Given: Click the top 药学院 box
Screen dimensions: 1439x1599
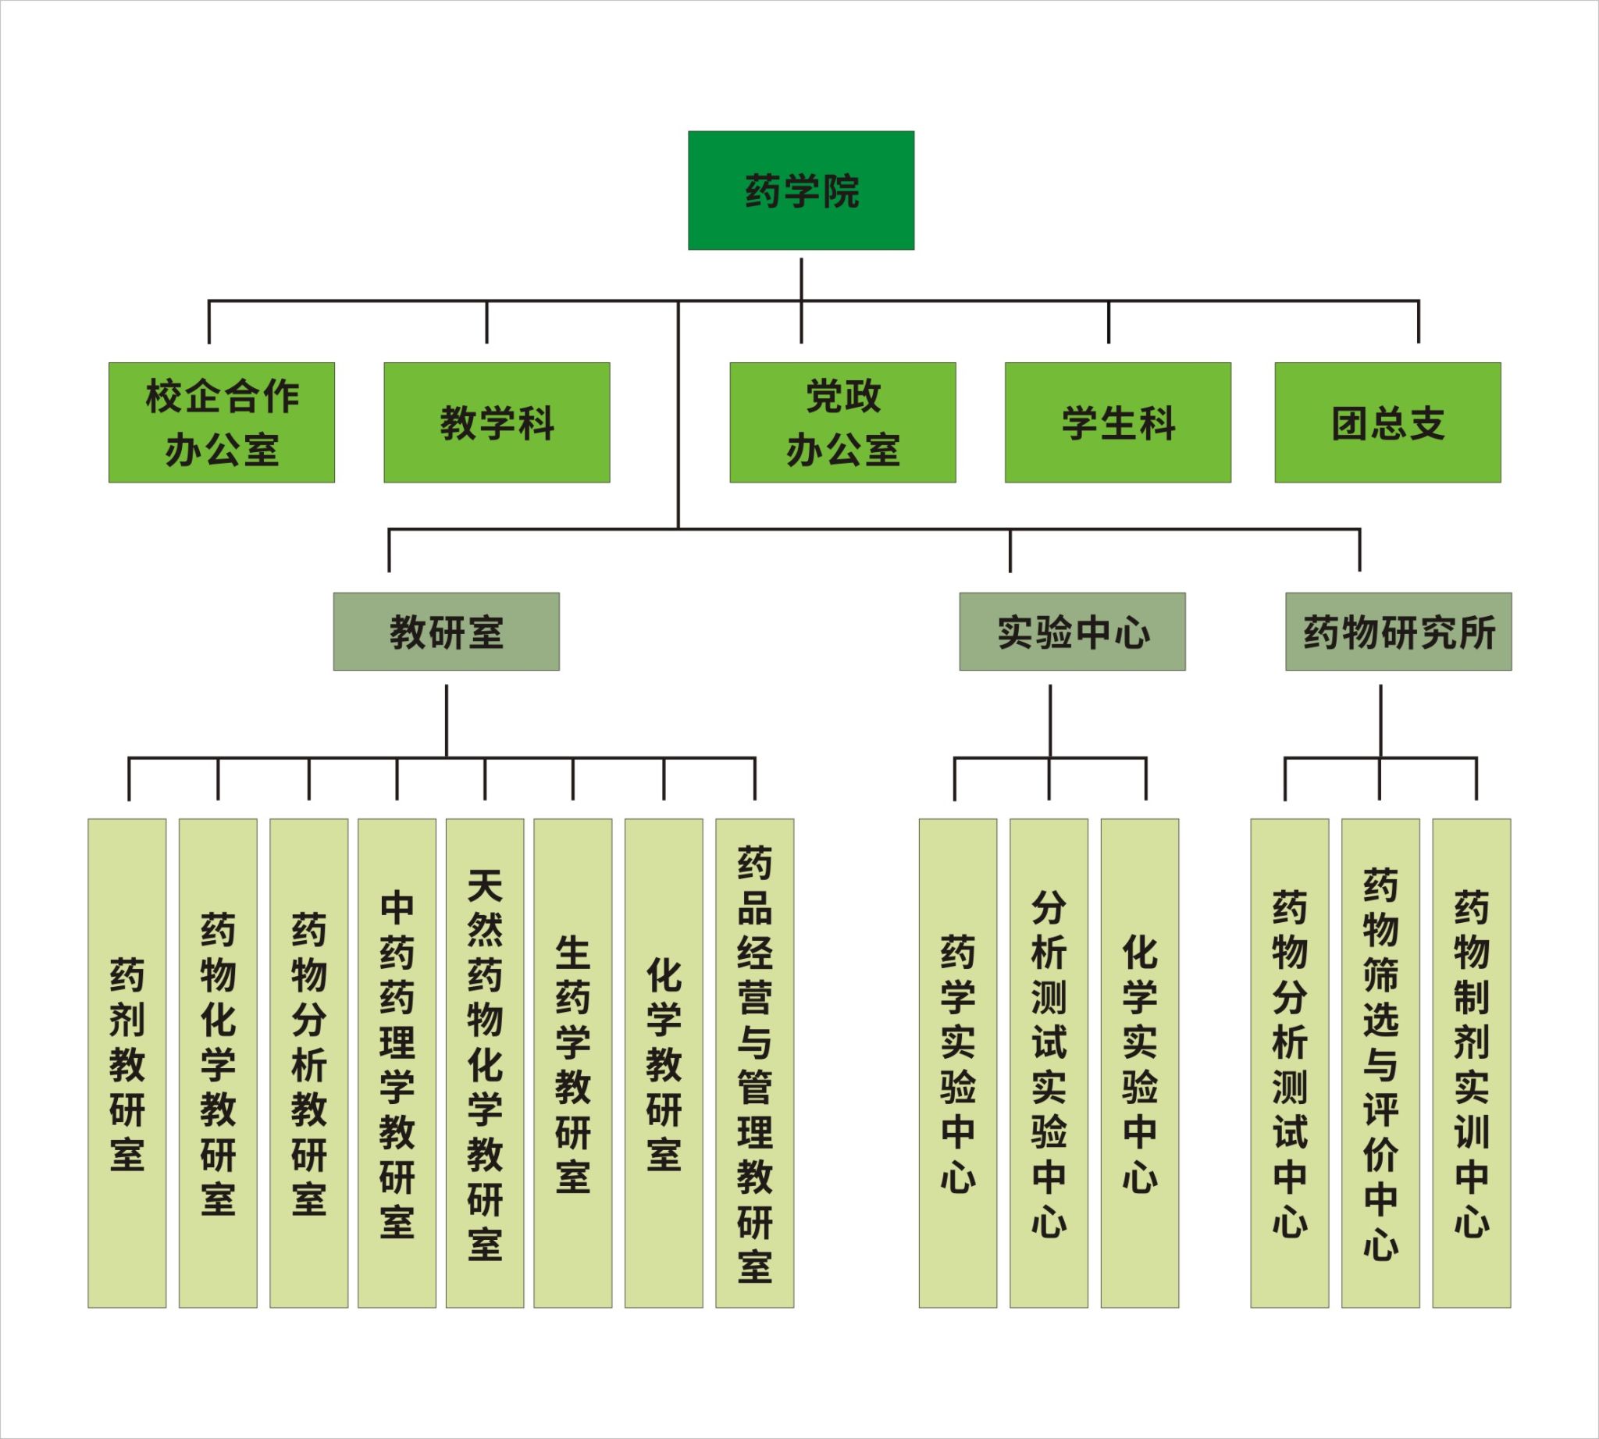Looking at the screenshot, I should pyautogui.click(x=800, y=191).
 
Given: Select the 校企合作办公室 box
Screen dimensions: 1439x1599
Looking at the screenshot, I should pyautogui.click(x=222, y=422).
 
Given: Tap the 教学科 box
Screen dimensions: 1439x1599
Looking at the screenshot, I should pyautogui.click(x=497, y=422).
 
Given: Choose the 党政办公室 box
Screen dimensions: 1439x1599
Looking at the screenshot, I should pyautogui.click(x=842, y=422).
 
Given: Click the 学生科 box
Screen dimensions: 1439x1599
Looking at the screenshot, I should pyautogui.click(x=1117, y=422).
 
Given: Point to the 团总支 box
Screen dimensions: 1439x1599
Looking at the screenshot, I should pyautogui.click(x=1387, y=422).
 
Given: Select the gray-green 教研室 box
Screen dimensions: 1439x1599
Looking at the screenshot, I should pyautogui.click(x=446, y=632).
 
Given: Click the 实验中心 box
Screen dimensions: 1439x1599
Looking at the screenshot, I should pyautogui.click(x=1072, y=632).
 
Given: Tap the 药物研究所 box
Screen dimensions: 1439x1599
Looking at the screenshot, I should pyautogui.click(x=1398, y=632).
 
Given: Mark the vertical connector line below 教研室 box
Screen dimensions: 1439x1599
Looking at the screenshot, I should pyautogui.click(x=446, y=721).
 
